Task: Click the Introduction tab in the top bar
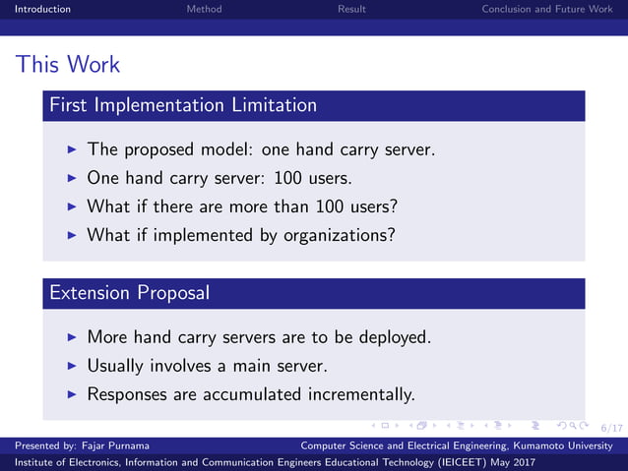(x=35, y=9)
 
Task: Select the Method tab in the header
(x=204, y=9)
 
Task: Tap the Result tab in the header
(x=351, y=9)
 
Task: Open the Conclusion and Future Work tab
(x=546, y=9)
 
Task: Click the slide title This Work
(x=68, y=65)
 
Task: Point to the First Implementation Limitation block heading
(x=182, y=104)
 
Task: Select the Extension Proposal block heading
(x=128, y=292)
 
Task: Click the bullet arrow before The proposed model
(x=72, y=150)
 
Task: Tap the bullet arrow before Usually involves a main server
(x=72, y=366)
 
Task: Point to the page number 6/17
(x=611, y=428)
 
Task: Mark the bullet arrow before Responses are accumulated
(x=72, y=394)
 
